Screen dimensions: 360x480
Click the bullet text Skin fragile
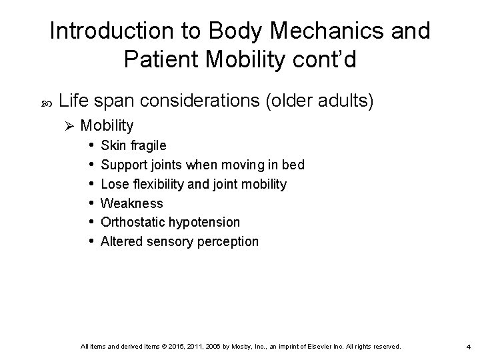pyautogui.click(x=133, y=145)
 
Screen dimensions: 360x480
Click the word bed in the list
pyautogui.click(x=294, y=165)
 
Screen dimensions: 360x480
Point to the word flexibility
pyautogui.click(x=159, y=184)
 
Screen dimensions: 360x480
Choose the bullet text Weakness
pyautogui.click(x=131, y=203)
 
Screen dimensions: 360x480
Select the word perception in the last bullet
pyautogui.click(x=229, y=241)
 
